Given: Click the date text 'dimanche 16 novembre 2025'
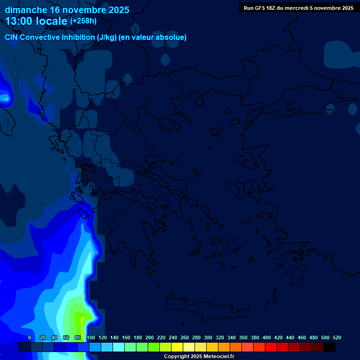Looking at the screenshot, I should coord(67,10).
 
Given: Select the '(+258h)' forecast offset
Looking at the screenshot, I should coord(83,21).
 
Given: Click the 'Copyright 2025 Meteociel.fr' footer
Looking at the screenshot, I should coord(199,356).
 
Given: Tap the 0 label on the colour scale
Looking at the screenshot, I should coord(30,337).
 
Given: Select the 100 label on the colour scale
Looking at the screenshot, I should coord(91,337).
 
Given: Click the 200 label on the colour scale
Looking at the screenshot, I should coord(150,337).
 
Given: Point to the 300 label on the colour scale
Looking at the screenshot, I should coord(208,337).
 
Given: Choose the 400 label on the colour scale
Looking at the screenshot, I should coord(267,337).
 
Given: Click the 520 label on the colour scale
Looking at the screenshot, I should coord(337,337).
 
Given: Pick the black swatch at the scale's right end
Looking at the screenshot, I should coord(330,347).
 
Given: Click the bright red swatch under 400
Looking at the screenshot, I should coord(271,347).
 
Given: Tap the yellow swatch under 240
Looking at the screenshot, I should coord(177,347).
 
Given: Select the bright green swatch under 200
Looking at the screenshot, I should coord(154,347).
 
